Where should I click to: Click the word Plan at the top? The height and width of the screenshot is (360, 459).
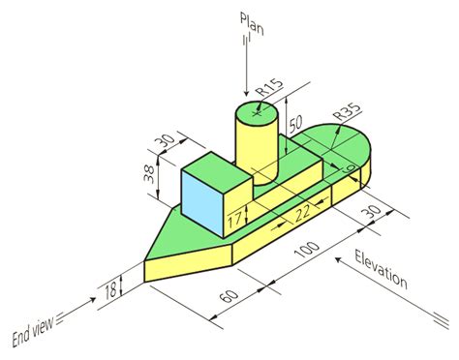coord(250,22)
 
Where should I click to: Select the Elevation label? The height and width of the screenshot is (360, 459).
coord(381,270)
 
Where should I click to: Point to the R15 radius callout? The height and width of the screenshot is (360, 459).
coord(270,93)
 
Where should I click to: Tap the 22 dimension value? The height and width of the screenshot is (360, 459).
coord(303,211)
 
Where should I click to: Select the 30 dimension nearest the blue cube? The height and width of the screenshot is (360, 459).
coord(166,140)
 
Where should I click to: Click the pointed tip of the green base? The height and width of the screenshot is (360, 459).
coord(146,260)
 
